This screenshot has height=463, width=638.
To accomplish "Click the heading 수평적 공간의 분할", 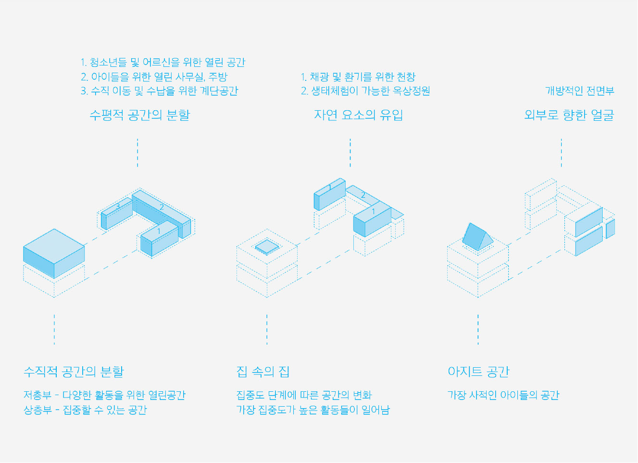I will click(139, 115).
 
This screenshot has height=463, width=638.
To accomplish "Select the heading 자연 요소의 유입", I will click(358, 115).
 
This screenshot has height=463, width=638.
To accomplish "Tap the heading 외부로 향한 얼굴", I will click(569, 115).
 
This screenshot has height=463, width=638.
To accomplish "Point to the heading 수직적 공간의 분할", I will click(74, 372).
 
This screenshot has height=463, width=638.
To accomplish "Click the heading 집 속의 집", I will click(263, 372).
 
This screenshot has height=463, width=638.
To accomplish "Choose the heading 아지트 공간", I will click(478, 372).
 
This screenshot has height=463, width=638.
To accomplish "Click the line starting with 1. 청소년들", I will click(163, 63).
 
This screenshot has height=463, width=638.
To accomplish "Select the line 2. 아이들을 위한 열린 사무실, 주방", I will click(154, 77).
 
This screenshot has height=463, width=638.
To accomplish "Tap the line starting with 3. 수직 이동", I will click(159, 91).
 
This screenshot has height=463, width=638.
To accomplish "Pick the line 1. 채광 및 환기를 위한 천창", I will click(358, 77).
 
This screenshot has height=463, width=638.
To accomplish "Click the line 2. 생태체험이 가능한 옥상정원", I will click(365, 91).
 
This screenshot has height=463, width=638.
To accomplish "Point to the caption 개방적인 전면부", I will click(579, 91).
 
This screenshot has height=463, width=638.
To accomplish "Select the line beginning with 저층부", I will click(104, 396).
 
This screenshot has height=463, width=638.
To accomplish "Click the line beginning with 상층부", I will click(85, 410).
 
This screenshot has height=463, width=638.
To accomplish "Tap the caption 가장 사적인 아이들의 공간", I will click(503, 396).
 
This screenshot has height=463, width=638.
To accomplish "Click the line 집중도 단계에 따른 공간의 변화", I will click(304, 396).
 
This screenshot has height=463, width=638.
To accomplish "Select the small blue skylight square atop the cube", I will click(267, 247).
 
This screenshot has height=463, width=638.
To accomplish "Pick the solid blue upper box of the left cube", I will click(54, 253).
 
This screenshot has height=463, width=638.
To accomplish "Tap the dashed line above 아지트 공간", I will click(478, 329).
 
